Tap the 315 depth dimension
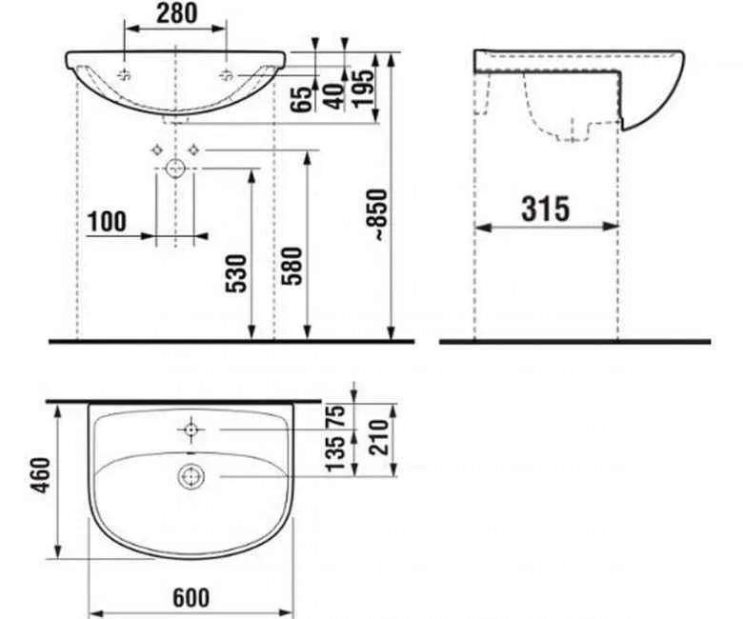546,208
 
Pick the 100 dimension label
106,222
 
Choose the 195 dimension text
362,89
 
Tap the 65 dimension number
303,98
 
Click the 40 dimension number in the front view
332,96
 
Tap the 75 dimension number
333,416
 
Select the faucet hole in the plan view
191,430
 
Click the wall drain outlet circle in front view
176,170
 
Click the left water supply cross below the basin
156,149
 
